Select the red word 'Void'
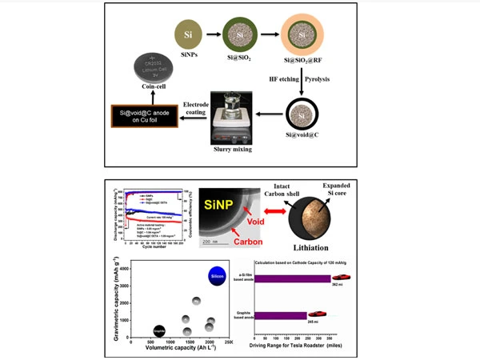[x=254, y=218]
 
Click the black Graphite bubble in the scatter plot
[x=160, y=329]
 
